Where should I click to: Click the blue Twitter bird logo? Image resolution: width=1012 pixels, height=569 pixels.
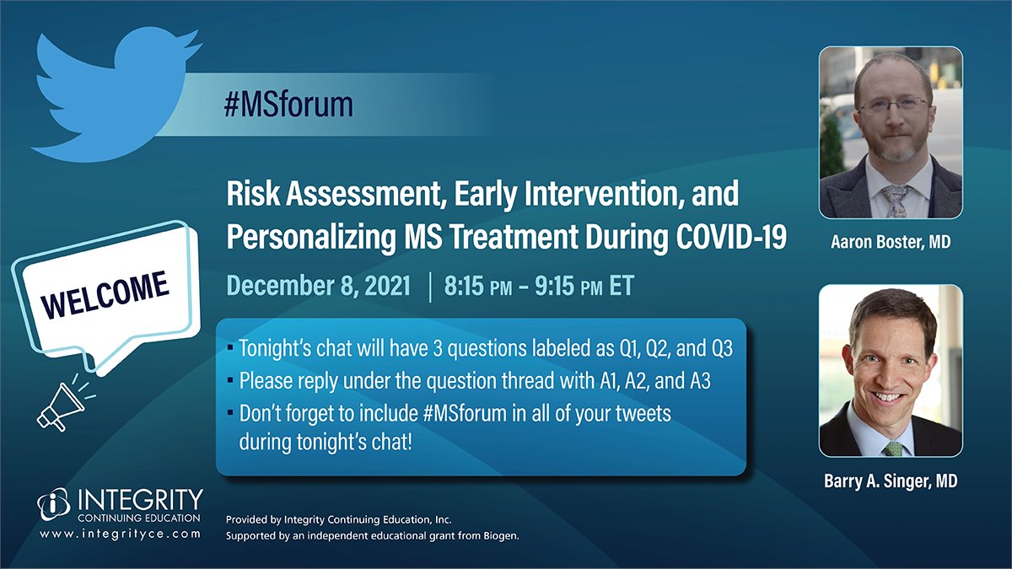coord(113,97)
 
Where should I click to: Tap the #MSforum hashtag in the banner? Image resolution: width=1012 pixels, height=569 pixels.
coord(288,105)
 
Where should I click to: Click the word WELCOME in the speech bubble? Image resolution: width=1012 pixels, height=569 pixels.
coord(105,294)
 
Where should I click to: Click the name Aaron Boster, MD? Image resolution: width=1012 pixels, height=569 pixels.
coord(891,242)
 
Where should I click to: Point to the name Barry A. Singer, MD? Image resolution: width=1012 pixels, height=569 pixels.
coord(891,481)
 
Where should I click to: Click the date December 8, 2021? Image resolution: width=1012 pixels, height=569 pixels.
coord(319,287)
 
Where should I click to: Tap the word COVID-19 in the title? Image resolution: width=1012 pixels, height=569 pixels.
coord(731,237)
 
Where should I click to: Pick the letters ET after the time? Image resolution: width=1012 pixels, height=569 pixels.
coord(622,286)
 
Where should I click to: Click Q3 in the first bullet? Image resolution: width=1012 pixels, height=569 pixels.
coord(722,348)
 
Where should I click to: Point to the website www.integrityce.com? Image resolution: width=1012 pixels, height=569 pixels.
coord(120,534)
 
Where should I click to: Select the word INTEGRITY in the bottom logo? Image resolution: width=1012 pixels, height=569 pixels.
coord(141,500)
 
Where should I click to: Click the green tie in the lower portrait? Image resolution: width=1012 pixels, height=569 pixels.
coord(892,449)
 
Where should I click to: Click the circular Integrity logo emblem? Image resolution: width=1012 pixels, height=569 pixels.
coord(54,503)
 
